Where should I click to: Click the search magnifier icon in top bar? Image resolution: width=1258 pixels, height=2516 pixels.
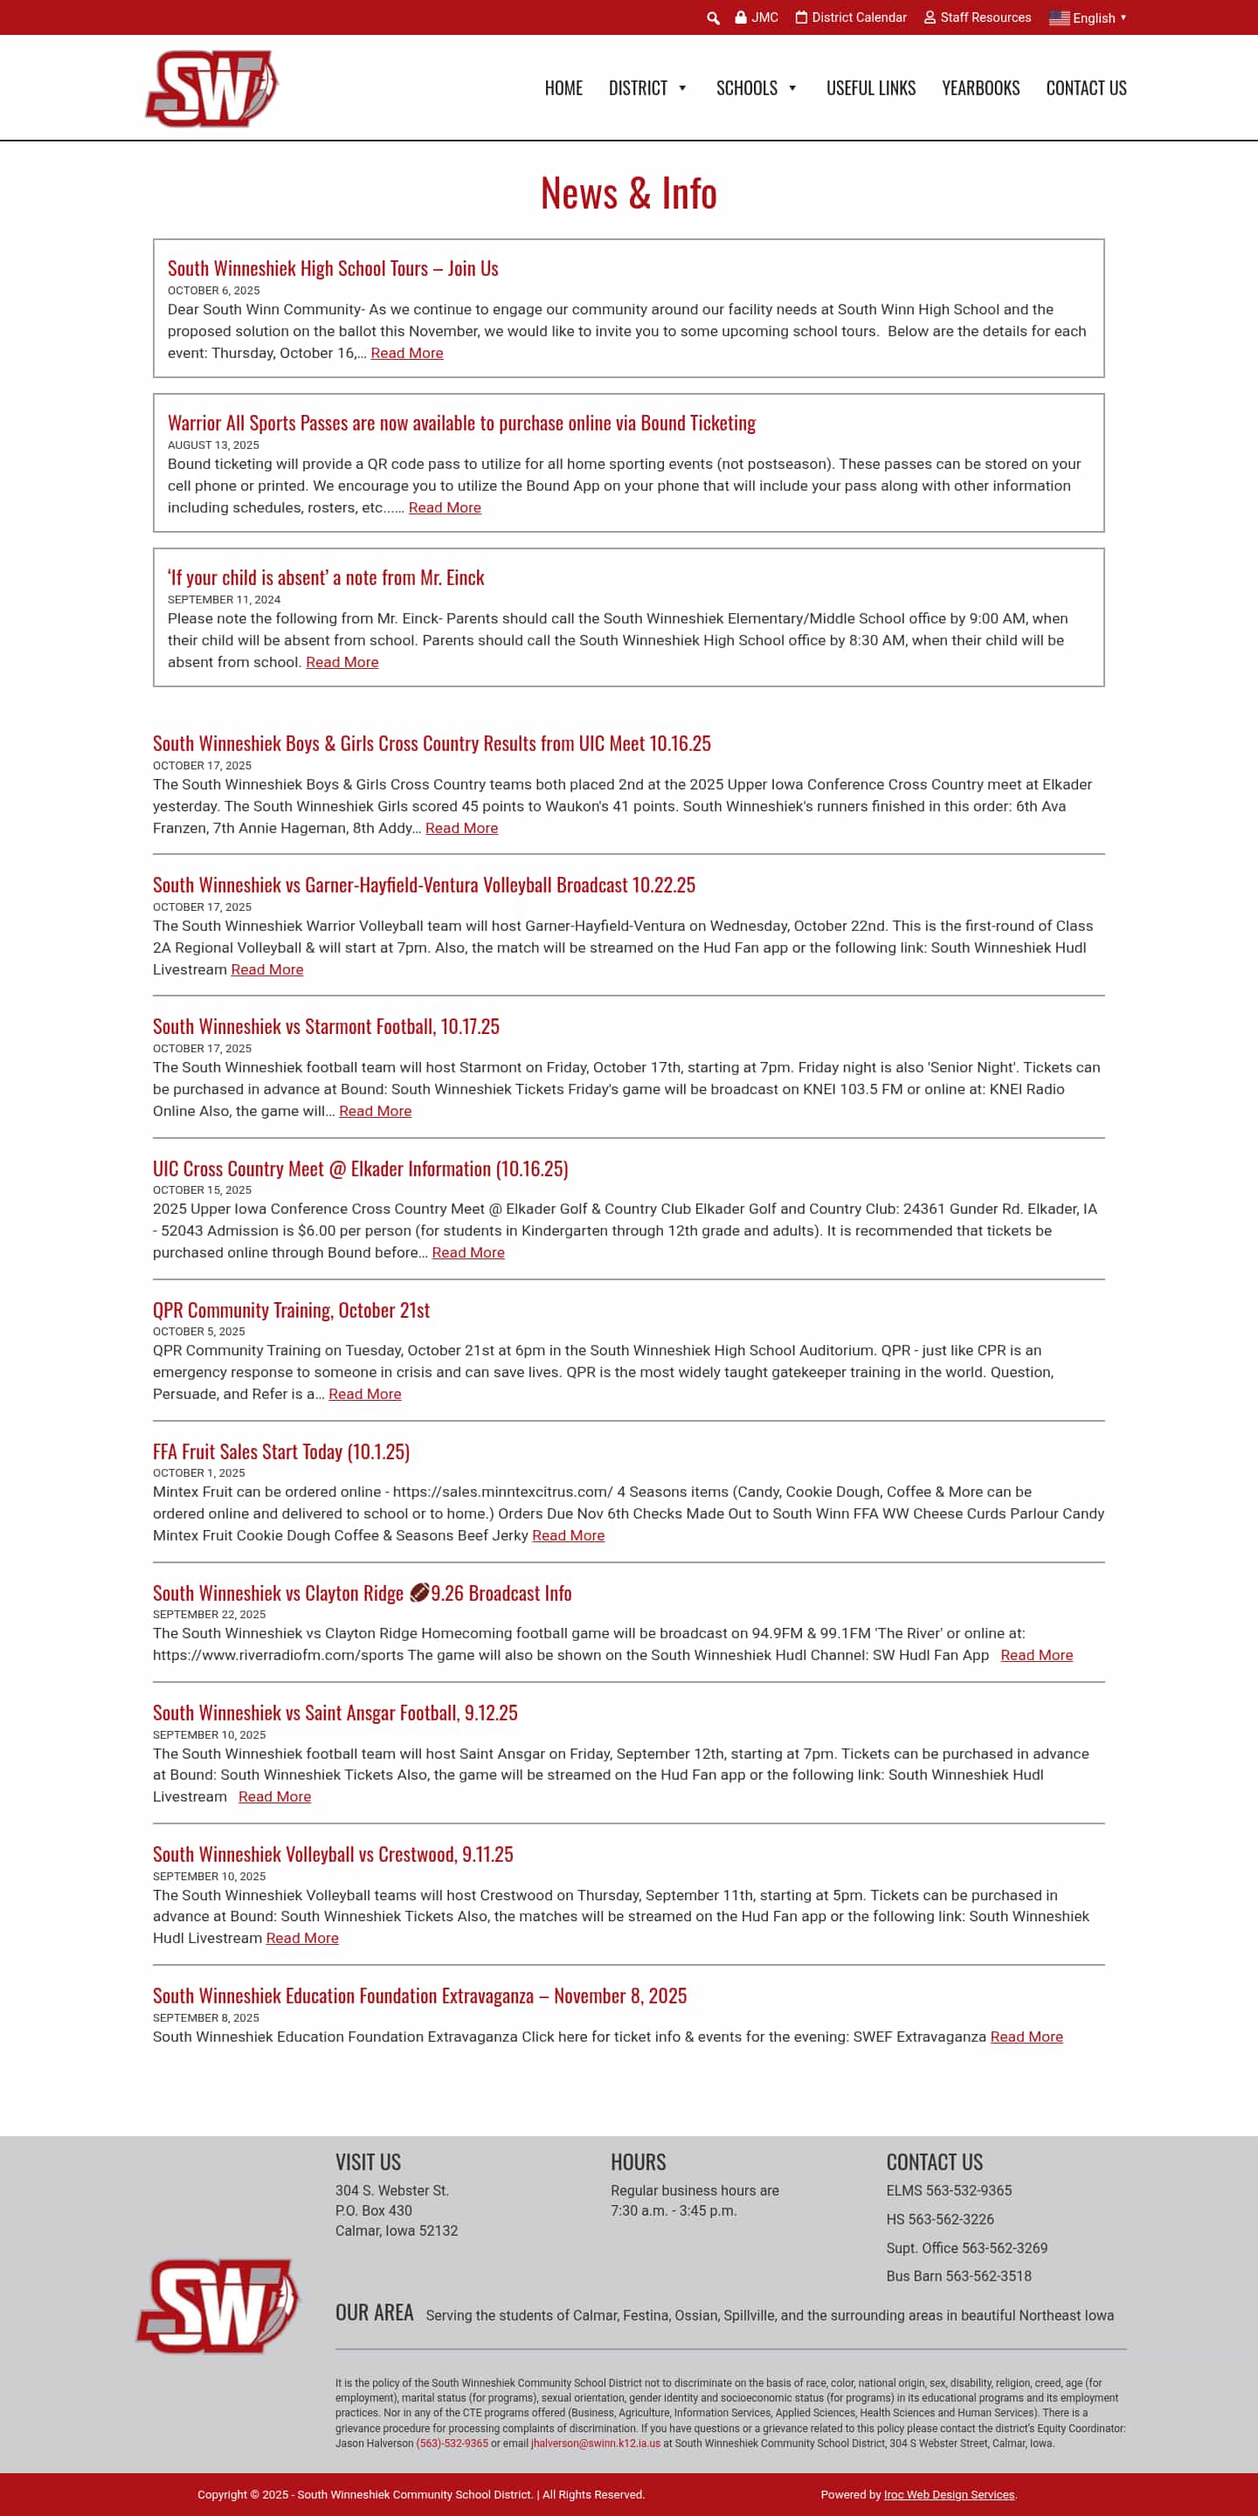(x=713, y=17)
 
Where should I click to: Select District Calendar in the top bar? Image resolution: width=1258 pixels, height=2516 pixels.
(x=851, y=17)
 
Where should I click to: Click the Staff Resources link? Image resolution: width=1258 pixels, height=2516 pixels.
(x=978, y=17)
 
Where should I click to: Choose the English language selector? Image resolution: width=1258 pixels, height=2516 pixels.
(x=1088, y=17)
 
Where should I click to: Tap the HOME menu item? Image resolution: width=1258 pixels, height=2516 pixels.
(x=563, y=88)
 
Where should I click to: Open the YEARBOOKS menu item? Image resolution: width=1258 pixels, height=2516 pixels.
(x=979, y=88)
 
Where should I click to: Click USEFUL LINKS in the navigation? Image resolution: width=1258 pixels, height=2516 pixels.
(x=870, y=88)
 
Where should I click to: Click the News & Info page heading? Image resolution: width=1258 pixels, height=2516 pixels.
(x=628, y=192)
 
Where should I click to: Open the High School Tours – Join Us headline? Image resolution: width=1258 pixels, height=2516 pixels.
(x=332, y=269)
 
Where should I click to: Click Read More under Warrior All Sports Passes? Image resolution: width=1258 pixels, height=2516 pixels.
(x=445, y=508)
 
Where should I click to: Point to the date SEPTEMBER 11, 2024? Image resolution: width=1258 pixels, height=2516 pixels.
(x=224, y=600)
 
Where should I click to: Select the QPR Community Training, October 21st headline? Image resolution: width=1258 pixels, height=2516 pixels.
(x=291, y=1311)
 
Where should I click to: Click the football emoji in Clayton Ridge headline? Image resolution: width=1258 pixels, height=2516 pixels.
(x=419, y=1593)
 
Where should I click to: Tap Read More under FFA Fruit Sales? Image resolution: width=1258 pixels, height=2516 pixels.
(x=568, y=1535)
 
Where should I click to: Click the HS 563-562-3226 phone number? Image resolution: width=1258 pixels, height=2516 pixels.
(x=940, y=2219)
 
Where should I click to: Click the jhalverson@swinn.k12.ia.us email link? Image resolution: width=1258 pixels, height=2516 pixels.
(x=595, y=2444)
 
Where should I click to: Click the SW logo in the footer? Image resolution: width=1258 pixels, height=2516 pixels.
(x=217, y=2306)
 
